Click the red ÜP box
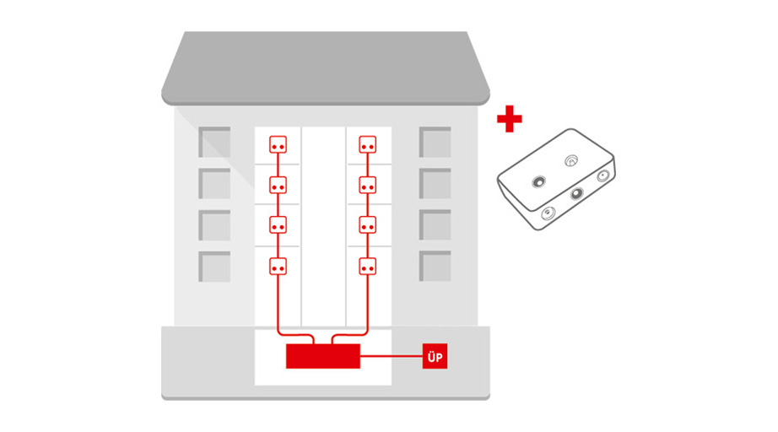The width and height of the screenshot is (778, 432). pos(435,356)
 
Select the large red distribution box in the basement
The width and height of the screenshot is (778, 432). pos(323,356)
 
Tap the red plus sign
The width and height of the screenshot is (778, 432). pos(510,119)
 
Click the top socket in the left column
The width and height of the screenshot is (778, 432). pos(278,145)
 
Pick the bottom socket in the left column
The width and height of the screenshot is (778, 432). pos(278,267)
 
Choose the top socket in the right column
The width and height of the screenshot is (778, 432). pos(367,145)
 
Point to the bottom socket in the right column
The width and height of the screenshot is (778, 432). pos(367,267)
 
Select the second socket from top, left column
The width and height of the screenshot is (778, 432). pos(278,186)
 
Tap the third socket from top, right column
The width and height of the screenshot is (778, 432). pos(367,225)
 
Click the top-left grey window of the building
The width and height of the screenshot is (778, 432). pos(214,143)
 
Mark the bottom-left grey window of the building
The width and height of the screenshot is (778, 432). pos(214,267)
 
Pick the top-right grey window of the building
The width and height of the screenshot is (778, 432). pos(435,143)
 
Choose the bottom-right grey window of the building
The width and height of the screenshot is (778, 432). pos(435,267)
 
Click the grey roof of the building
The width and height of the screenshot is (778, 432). pos(326,68)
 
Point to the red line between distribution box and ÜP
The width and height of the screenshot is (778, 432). pos(391,356)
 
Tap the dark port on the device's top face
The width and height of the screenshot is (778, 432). pos(539,182)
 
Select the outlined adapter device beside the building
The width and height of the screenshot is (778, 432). pos(556,180)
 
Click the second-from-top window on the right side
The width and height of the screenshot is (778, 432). pos(435,183)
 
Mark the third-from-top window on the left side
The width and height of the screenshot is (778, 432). pos(214,225)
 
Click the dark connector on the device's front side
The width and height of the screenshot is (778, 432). pos(576,193)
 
